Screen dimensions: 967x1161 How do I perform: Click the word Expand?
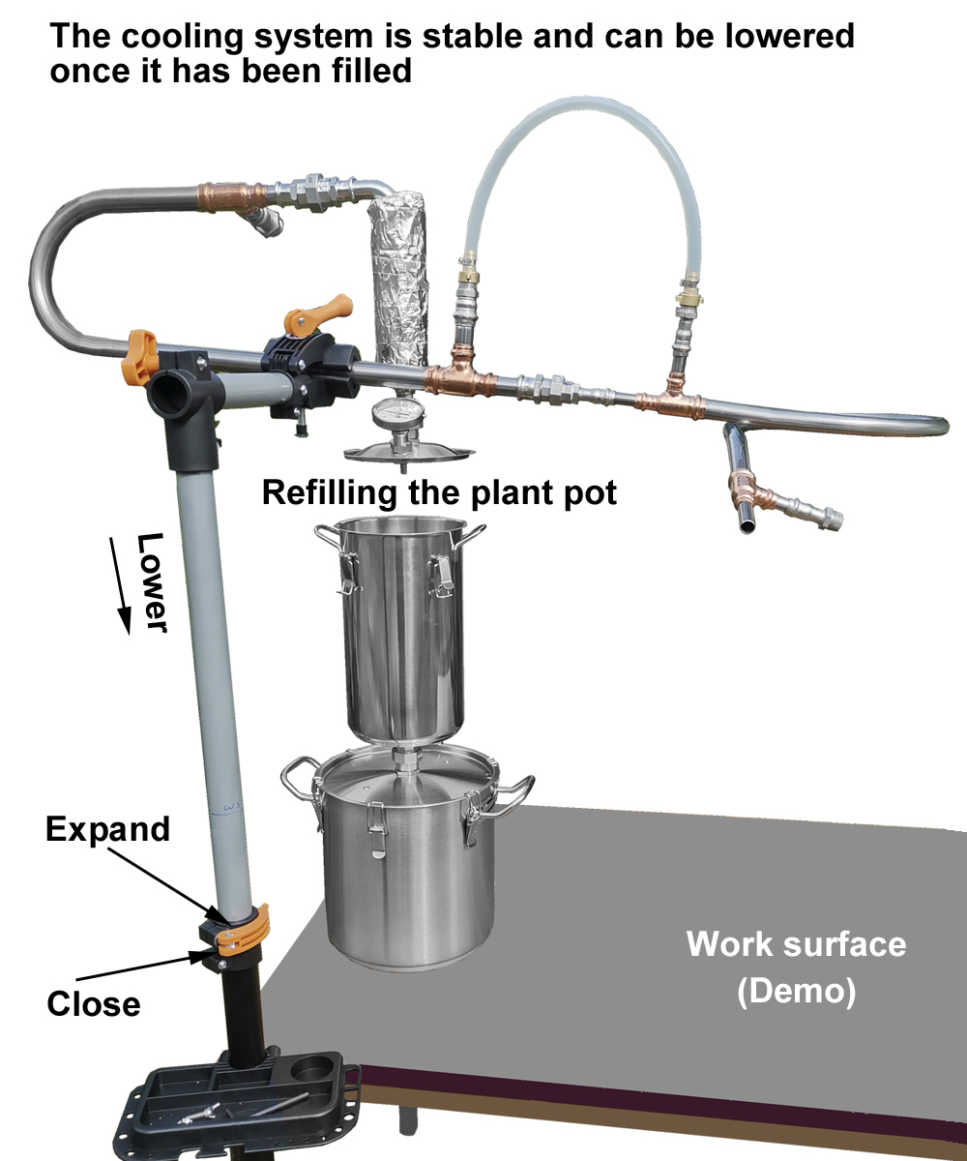tap(107, 829)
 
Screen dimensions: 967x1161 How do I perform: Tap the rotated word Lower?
tap(151, 582)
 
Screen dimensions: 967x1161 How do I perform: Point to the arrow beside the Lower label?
tap(121, 585)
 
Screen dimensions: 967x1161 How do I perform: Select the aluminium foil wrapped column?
tap(400, 278)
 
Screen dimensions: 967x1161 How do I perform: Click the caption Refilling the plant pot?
tap(439, 492)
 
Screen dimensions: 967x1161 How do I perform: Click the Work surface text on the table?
tap(797, 944)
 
